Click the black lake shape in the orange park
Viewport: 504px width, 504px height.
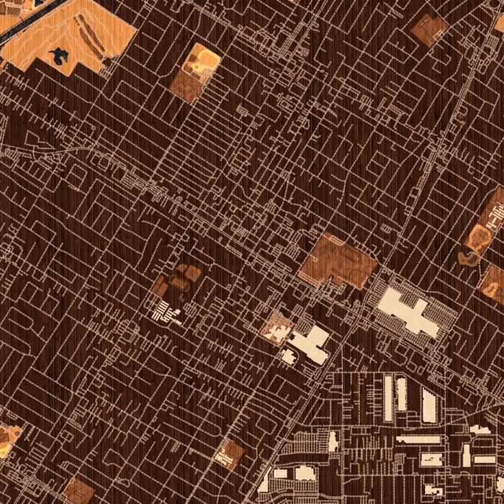(58, 54)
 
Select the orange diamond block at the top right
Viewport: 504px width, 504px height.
(429, 29)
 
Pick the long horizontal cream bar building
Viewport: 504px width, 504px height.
(418, 438)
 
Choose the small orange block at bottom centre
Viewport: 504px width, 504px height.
(230, 453)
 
